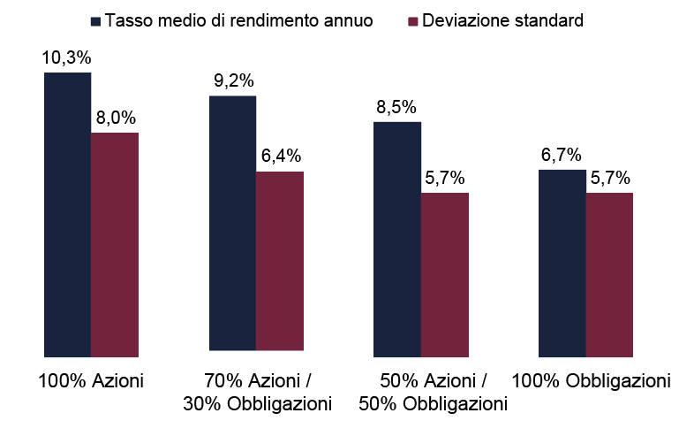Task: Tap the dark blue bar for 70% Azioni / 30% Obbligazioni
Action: pos(232,223)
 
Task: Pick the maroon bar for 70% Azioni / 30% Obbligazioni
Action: pos(280,261)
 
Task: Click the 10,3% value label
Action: pos(67,58)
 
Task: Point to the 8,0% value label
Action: pos(115,119)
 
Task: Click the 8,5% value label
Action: pos(397,108)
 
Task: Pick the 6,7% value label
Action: pos(562,156)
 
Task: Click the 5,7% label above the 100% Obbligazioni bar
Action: pos(610,179)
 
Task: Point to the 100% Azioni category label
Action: pos(91,381)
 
